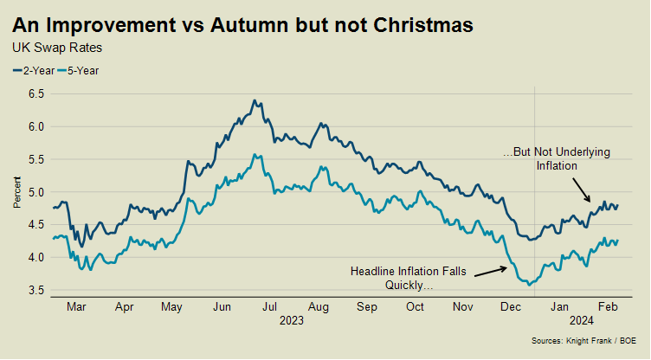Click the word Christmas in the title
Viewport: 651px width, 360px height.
click(x=423, y=25)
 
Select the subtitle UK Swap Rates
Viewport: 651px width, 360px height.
click(x=57, y=48)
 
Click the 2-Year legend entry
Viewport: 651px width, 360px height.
click(x=34, y=71)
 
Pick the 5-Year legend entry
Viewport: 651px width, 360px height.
click(x=78, y=71)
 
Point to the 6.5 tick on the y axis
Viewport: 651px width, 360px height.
click(x=36, y=93)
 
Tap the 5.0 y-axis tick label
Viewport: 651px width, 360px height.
click(x=36, y=192)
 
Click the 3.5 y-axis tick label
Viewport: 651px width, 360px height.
click(x=36, y=291)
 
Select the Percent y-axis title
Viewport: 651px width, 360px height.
click(x=17, y=192)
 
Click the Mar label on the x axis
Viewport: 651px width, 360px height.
click(x=76, y=307)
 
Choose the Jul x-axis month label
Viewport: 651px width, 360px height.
click(x=270, y=307)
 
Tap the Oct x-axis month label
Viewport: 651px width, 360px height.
click(x=415, y=307)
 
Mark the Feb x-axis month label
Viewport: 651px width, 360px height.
click(x=608, y=307)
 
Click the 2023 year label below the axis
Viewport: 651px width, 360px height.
click(x=292, y=321)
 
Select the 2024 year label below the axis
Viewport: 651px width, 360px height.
click(x=582, y=321)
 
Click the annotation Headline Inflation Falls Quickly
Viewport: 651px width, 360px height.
click(x=409, y=278)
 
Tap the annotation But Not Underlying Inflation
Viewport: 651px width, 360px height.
click(x=557, y=158)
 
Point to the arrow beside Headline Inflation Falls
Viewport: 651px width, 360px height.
click(x=490, y=272)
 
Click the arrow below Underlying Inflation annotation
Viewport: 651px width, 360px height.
click(x=581, y=190)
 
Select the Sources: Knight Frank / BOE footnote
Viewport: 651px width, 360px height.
click(x=583, y=341)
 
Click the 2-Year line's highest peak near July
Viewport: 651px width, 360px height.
click(x=255, y=100)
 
